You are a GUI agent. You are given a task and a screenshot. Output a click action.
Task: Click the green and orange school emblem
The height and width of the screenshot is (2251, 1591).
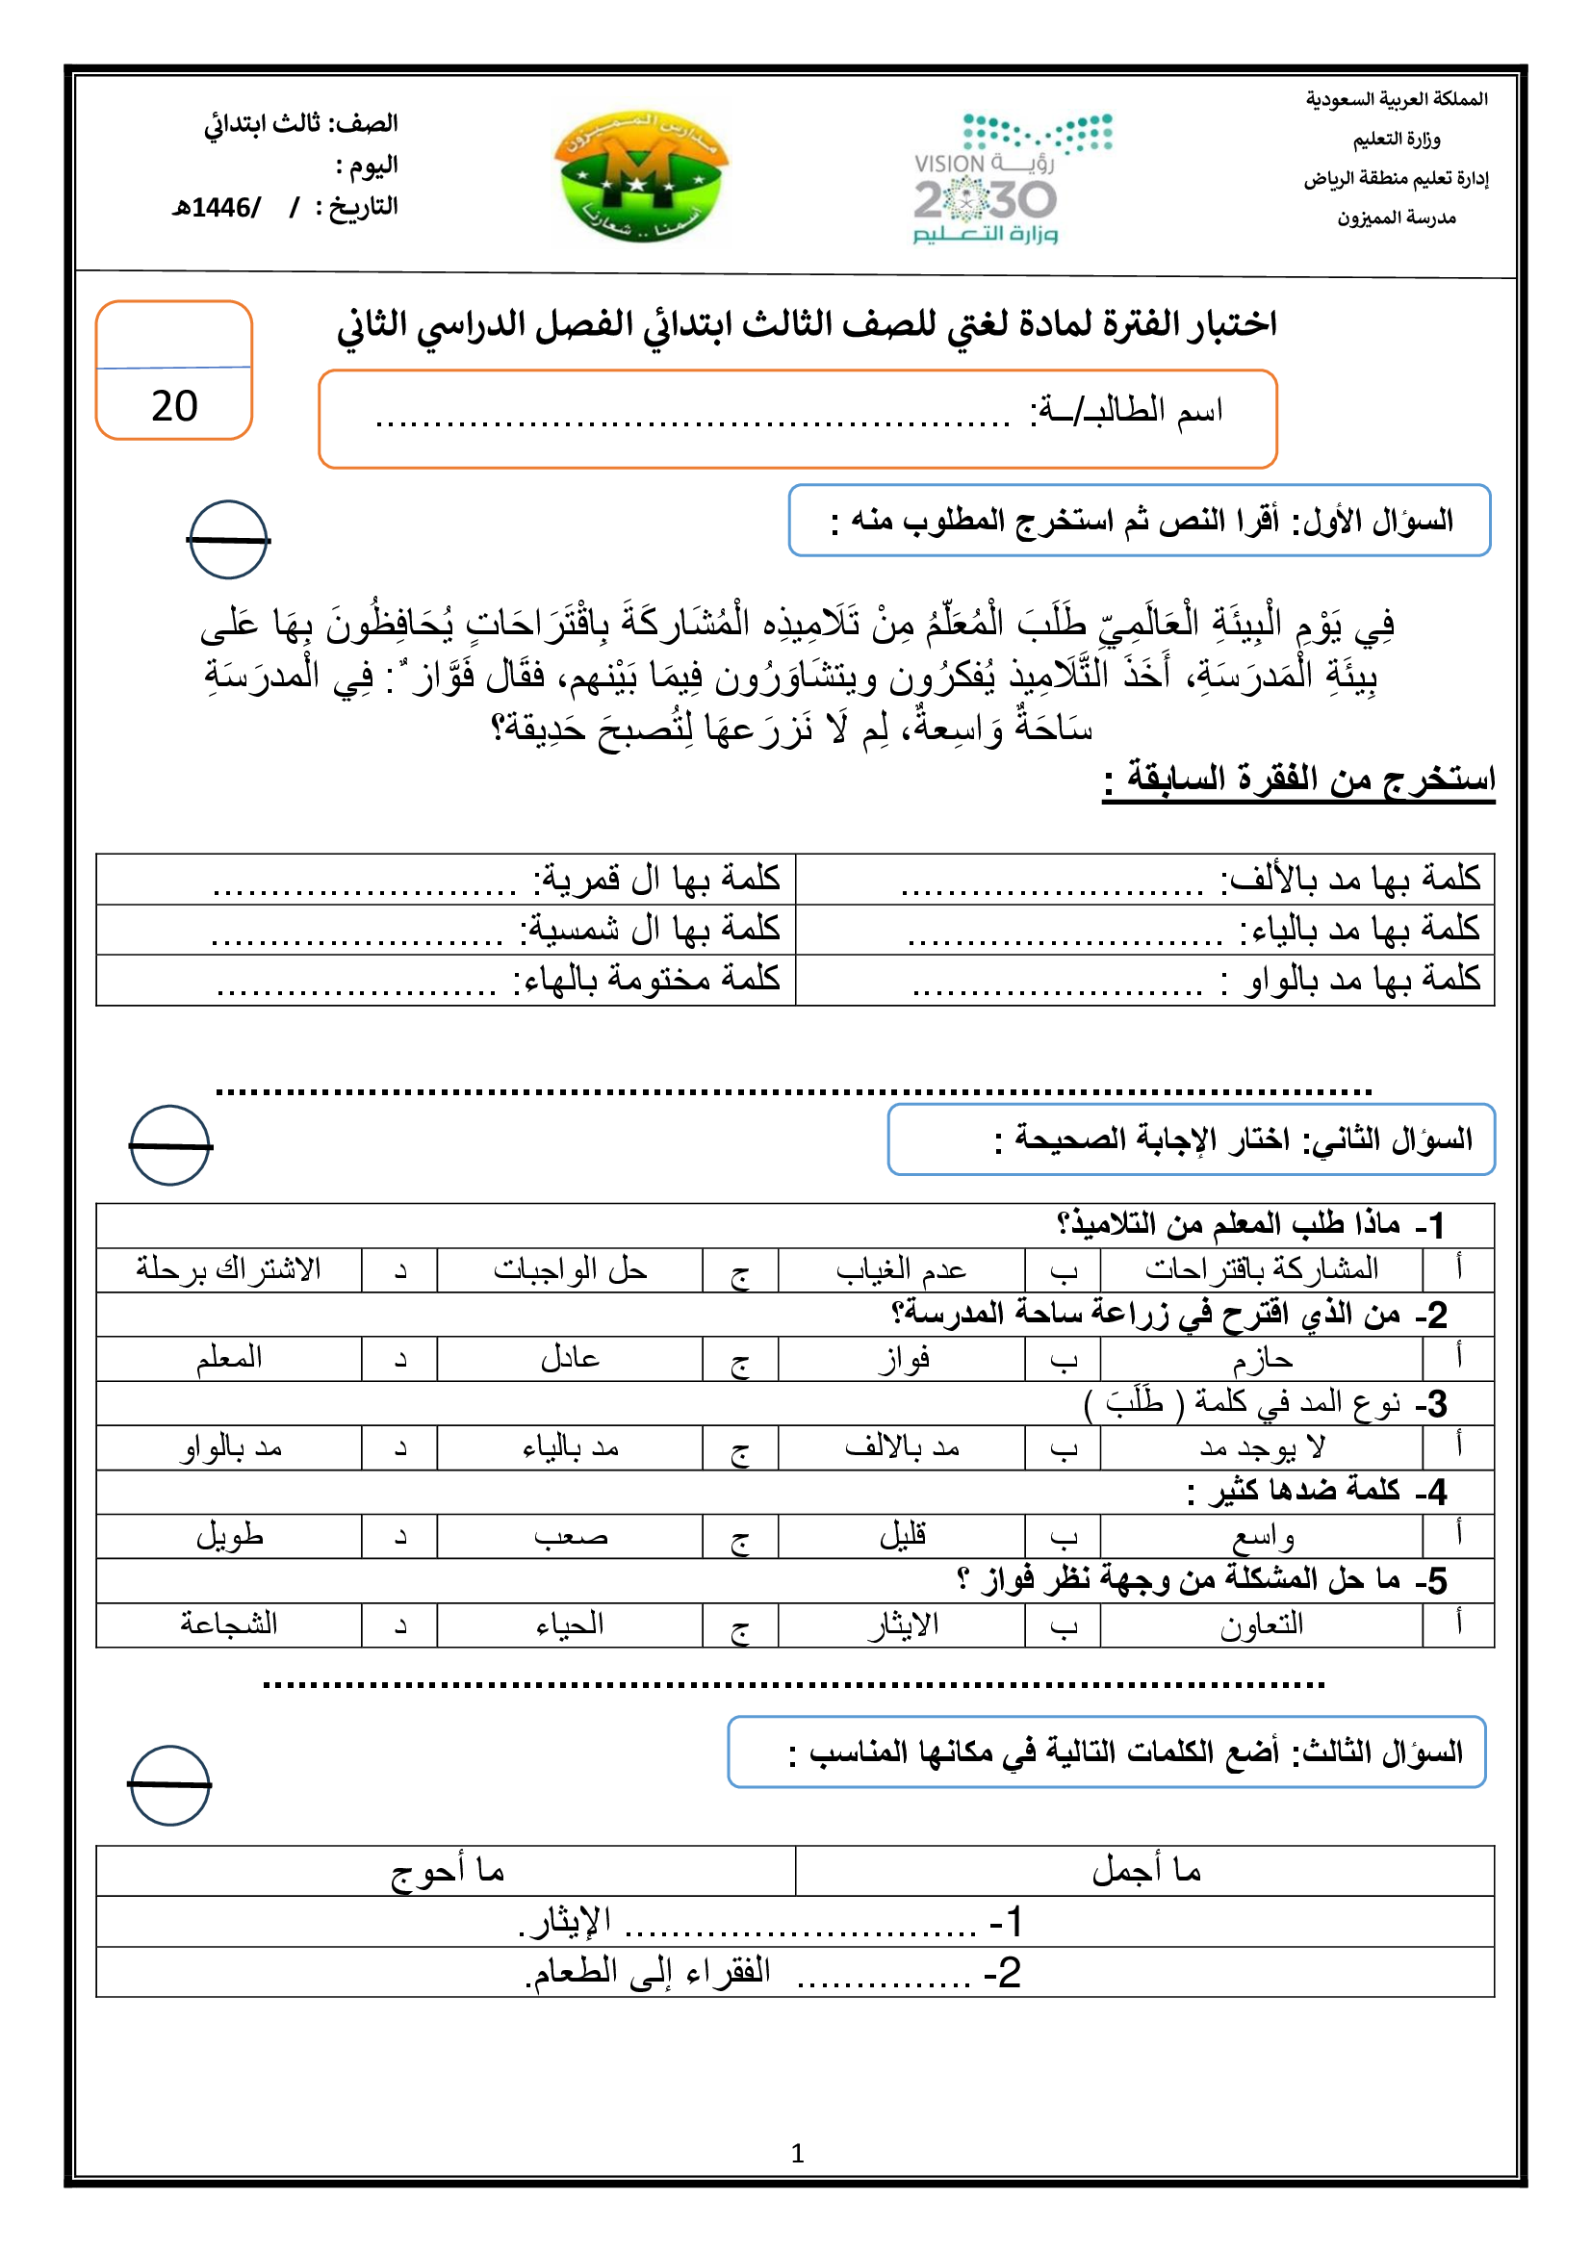(641, 175)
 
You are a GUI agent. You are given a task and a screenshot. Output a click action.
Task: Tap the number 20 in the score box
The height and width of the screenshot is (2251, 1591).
(174, 406)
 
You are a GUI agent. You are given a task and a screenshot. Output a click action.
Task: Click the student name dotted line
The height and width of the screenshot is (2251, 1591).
(692, 422)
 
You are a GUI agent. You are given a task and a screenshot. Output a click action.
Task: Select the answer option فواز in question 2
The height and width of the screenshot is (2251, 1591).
(903, 1359)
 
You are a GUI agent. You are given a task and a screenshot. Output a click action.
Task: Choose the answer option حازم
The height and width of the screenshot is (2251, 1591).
(1262, 1359)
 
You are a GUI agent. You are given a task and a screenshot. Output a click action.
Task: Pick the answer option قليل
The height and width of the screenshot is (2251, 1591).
(903, 1535)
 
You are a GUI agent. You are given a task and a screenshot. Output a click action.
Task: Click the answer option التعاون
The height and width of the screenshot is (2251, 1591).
(1262, 1624)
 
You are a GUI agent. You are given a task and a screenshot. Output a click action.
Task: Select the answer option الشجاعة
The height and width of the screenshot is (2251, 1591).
(228, 1624)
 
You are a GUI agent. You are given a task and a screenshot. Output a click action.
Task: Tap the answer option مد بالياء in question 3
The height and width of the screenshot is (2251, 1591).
(570, 1447)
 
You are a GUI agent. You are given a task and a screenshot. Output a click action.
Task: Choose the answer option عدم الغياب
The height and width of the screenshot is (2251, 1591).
(901, 1269)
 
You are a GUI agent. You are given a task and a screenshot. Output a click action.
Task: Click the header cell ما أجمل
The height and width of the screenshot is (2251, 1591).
(1146, 1872)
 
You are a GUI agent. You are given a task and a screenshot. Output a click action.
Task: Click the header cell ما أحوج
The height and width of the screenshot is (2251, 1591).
(447, 1872)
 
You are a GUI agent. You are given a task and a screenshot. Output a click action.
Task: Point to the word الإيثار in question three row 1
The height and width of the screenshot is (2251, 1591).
(570, 1922)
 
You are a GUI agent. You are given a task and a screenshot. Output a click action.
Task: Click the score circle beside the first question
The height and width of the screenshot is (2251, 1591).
(228, 540)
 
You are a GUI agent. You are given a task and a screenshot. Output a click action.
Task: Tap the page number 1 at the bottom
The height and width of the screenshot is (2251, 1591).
(797, 2153)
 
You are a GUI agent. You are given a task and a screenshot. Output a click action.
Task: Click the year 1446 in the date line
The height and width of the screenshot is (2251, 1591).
(220, 208)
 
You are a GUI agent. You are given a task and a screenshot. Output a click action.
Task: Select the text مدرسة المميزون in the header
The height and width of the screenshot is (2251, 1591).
(1396, 217)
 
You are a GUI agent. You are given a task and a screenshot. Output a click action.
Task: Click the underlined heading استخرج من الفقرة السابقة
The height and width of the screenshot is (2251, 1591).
(1298, 780)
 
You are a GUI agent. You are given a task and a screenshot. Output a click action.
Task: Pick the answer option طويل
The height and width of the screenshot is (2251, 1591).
(229, 1535)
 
